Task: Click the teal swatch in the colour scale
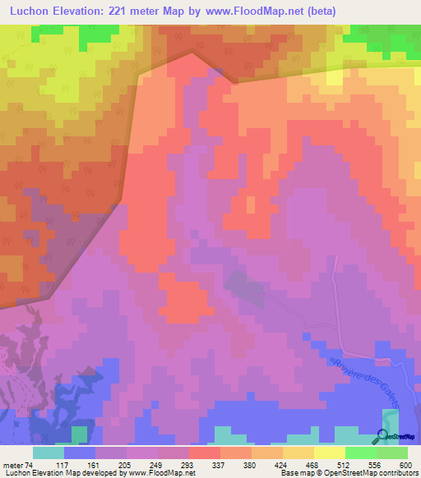click(x=49, y=452)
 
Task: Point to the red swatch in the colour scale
click(x=205, y=452)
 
